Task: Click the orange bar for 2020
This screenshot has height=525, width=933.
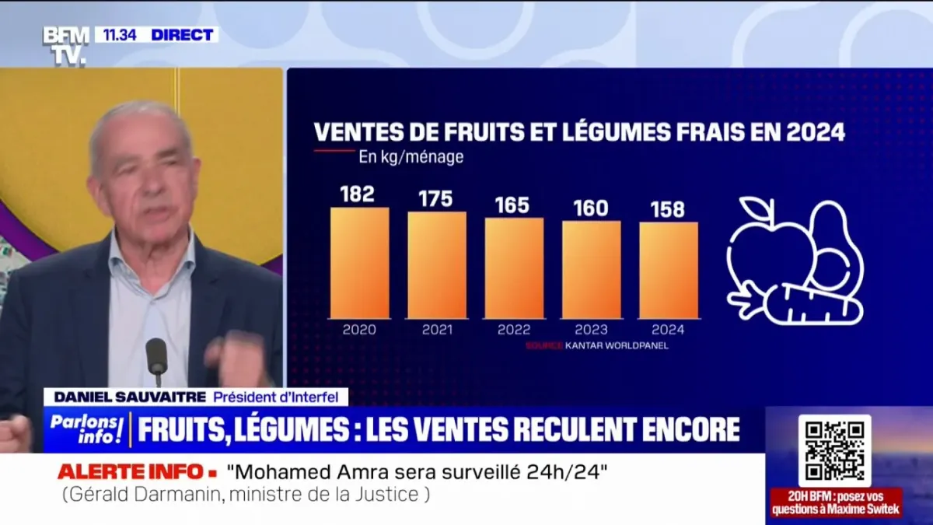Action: tap(359, 263)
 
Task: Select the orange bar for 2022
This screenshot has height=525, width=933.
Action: tap(514, 268)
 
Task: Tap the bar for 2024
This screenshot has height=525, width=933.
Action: tap(669, 270)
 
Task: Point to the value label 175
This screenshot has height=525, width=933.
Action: tap(435, 199)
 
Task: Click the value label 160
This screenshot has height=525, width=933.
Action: tap(591, 209)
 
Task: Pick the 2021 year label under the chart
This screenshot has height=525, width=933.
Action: tap(437, 330)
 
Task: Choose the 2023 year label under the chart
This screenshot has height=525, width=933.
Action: tap(592, 330)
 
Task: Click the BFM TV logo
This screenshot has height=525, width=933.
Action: tap(65, 45)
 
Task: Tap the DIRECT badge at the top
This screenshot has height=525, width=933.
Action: tap(182, 35)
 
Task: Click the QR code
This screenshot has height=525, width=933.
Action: tap(834, 450)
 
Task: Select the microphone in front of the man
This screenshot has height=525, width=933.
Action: tap(156, 358)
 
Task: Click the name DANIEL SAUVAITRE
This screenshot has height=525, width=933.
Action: tap(129, 397)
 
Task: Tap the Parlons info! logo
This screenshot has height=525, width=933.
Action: tap(87, 430)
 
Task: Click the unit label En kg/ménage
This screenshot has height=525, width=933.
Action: tap(411, 157)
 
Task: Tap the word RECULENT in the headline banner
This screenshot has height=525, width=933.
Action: tap(592, 430)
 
